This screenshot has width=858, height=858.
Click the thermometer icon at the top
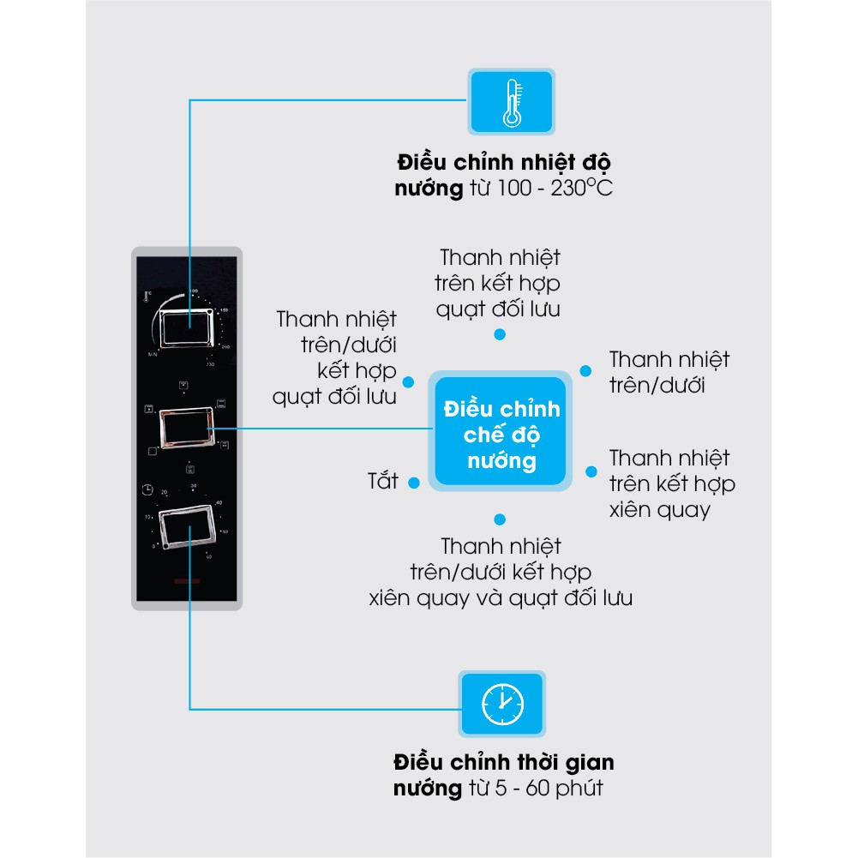click(x=511, y=101)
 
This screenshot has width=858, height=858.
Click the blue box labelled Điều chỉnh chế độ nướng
click(x=501, y=435)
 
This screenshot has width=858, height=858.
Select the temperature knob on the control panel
click(x=187, y=327)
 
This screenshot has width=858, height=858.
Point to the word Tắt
click(x=383, y=481)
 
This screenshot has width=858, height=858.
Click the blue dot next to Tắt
click(x=413, y=483)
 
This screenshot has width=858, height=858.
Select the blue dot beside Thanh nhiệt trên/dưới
click(x=585, y=370)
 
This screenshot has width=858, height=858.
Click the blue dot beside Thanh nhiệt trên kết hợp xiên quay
click(x=591, y=471)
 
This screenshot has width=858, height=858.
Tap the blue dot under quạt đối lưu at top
click(x=500, y=335)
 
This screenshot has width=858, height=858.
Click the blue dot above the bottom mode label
click(x=500, y=519)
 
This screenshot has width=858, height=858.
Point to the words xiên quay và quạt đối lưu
click(x=501, y=597)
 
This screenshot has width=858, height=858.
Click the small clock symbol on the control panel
click(x=149, y=489)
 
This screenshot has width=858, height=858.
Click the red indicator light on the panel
click(x=185, y=581)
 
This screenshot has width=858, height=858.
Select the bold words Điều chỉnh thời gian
click(x=504, y=762)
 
